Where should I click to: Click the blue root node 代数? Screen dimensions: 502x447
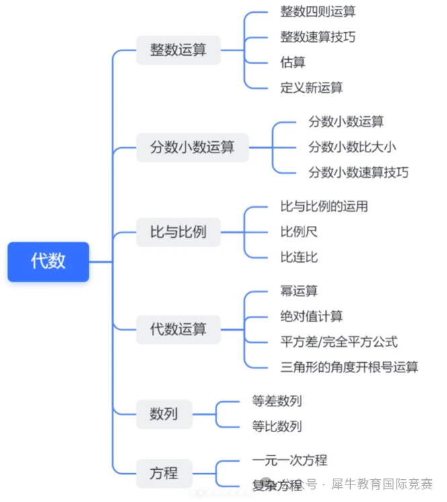[x=48, y=261]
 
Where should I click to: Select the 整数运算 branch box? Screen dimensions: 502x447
[x=178, y=50]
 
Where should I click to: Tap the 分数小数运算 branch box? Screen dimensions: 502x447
[x=192, y=147]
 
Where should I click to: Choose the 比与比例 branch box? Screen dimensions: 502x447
[x=178, y=233]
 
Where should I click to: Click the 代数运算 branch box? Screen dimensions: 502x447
[x=178, y=329]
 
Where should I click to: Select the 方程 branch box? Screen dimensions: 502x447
[x=163, y=472]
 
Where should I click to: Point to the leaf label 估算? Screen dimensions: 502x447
[x=292, y=62]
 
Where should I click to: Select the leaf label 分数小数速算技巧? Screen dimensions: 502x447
[x=358, y=173]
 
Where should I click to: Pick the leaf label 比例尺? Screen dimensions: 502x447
[x=299, y=232]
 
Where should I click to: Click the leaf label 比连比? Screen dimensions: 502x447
[x=299, y=257]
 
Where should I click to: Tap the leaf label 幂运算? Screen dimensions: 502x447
[x=299, y=291]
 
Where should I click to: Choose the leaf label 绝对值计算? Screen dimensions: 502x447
[x=311, y=317]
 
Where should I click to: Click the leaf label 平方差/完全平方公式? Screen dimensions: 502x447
[x=339, y=341]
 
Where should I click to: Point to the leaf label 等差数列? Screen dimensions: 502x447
[x=276, y=401]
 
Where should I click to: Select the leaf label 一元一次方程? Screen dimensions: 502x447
[x=289, y=460]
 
